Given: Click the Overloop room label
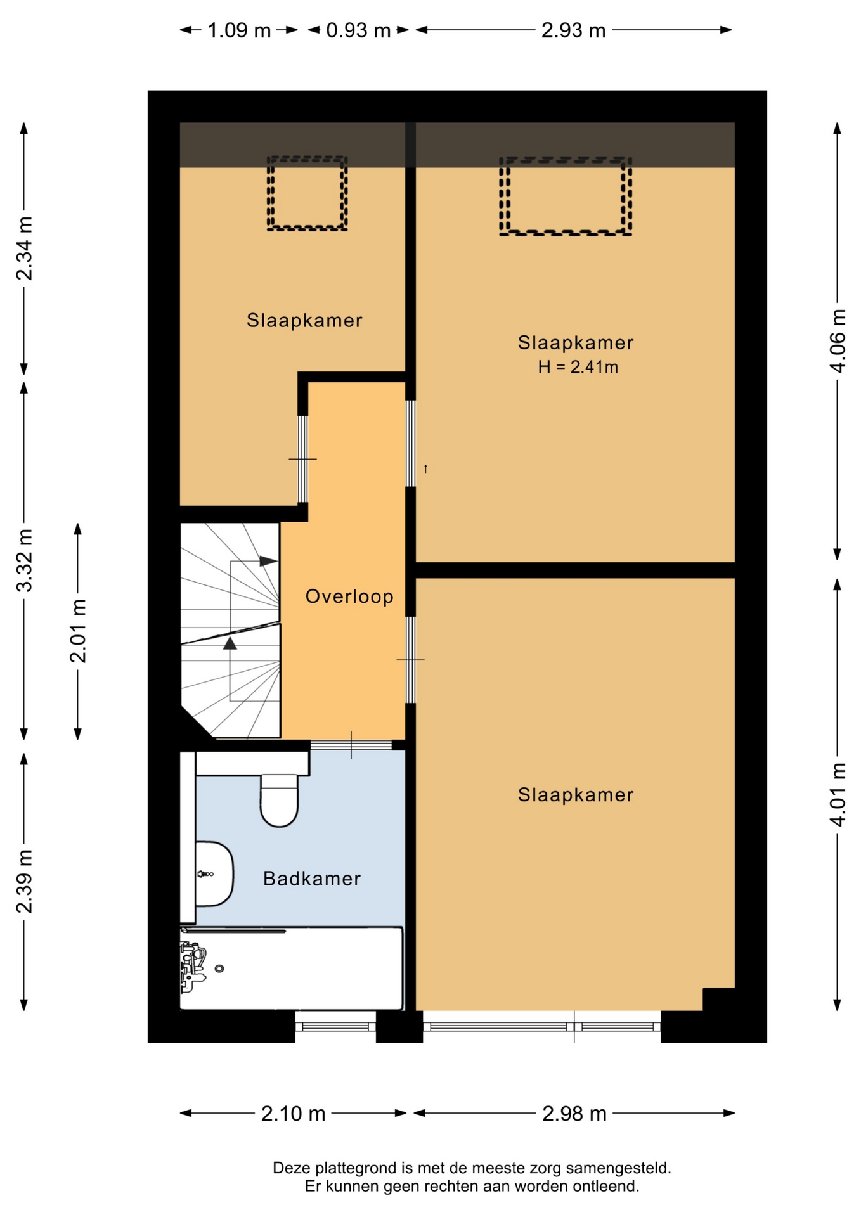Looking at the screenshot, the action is point(349,596).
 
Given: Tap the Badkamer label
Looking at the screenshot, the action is point(312,879).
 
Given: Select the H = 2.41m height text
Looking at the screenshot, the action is point(578,367).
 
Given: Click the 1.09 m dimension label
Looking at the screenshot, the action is point(239,30).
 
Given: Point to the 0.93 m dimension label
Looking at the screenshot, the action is point(358,30).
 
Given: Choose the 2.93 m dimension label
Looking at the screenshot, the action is point(573,30).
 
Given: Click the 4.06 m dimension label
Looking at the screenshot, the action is point(838,341).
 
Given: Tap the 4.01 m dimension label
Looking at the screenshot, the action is point(838,794).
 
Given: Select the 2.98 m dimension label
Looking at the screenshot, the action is point(574,1114).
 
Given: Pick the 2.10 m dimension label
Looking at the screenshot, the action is point(294,1114).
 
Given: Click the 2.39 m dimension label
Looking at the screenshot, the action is point(24,882).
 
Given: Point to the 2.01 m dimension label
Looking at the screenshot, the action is point(77,631).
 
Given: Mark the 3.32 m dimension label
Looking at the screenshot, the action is point(24,560).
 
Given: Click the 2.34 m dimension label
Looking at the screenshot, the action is point(24,248).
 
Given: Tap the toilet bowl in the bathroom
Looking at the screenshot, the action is point(279,802).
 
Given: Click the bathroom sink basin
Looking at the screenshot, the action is point(214,874).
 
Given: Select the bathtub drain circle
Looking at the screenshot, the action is point(219,969).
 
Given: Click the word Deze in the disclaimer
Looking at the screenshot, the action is point(292,1168).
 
